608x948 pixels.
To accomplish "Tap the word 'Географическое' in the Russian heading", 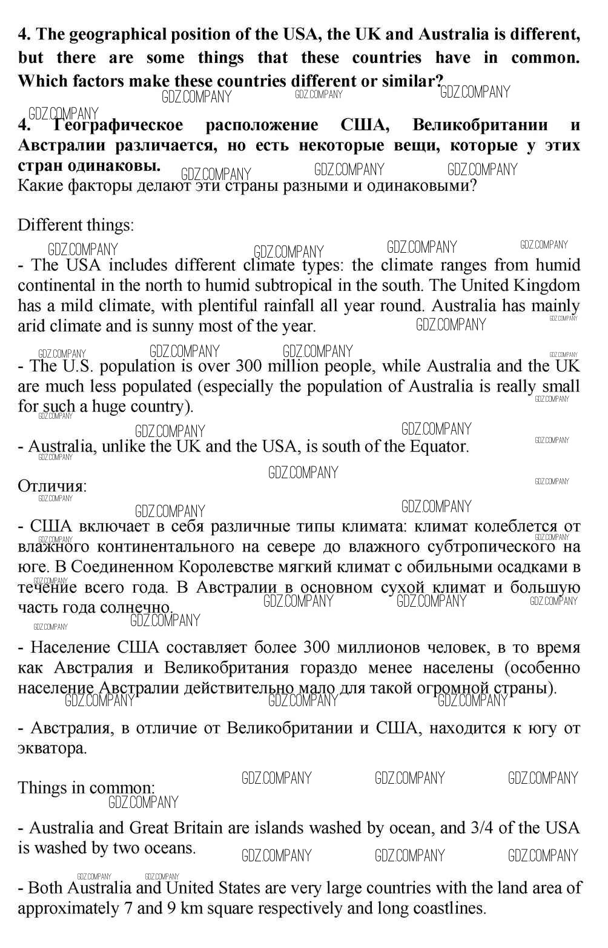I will point(118,125).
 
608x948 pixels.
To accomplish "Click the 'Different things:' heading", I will point(76,225).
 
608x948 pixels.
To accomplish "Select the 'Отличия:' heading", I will point(52,486).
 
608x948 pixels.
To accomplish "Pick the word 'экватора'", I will point(52,749).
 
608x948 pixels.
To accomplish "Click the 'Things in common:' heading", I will point(86,788).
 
